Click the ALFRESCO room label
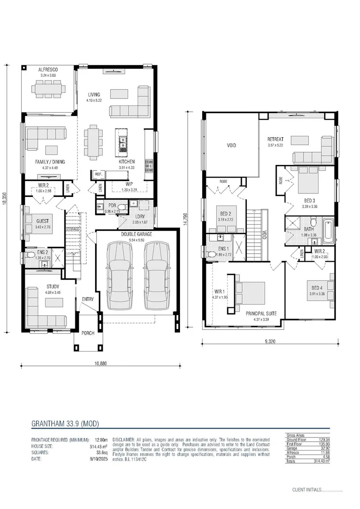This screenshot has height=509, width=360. click(48, 69)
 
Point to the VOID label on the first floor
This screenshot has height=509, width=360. click(231, 146)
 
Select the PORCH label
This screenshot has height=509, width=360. click(88, 333)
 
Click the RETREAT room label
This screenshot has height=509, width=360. click(275, 139)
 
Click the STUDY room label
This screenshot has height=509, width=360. click(52, 286)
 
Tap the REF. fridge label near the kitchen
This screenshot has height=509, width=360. click(98, 174)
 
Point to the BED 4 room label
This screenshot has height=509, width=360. click(316, 288)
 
